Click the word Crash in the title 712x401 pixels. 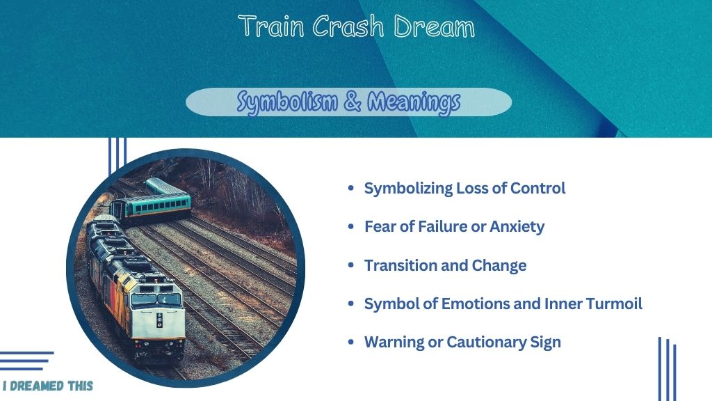(x=348, y=26)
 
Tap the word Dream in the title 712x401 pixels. (x=434, y=26)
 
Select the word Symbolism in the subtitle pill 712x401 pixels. (x=287, y=102)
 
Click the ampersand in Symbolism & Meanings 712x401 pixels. (x=353, y=102)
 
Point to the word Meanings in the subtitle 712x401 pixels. (x=414, y=102)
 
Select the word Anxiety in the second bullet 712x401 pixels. (x=517, y=226)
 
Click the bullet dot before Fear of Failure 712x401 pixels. (x=350, y=226)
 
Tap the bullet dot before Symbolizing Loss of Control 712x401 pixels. (x=350, y=188)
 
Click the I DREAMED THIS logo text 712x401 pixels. (x=48, y=386)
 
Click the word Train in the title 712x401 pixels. (x=271, y=26)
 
